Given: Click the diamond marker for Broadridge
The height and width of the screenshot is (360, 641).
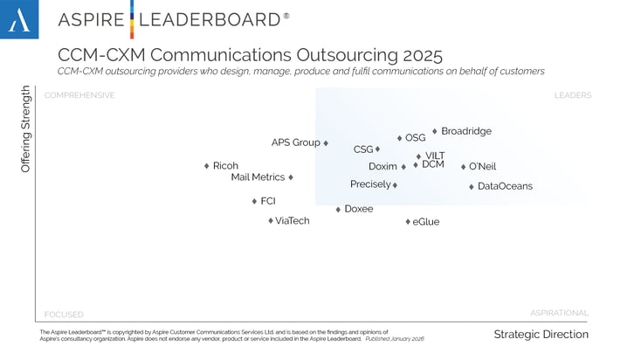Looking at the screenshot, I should (x=435, y=131).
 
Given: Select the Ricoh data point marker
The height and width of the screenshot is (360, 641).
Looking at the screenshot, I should (x=207, y=166).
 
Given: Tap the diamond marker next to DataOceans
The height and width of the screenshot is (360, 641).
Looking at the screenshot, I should (x=472, y=186).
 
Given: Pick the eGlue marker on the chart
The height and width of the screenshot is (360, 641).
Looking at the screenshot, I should (x=408, y=222).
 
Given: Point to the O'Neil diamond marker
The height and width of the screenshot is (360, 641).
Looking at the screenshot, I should (x=464, y=167).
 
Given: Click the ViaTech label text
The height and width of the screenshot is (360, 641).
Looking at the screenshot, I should (x=293, y=221).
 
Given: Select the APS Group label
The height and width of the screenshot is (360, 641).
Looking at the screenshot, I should (x=295, y=142).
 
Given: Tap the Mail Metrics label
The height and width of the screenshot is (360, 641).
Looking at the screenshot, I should (x=258, y=177).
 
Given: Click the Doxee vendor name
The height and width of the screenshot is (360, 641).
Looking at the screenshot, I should (x=359, y=209).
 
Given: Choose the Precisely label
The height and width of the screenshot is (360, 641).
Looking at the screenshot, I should (x=370, y=184).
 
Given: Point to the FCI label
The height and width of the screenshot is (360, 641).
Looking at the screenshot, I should (x=268, y=201).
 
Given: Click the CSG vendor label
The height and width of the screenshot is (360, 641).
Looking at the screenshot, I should (x=363, y=149).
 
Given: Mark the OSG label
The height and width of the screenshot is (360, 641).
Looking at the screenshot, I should (x=416, y=137).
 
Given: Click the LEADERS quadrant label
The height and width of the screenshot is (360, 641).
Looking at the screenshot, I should (x=572, y=95).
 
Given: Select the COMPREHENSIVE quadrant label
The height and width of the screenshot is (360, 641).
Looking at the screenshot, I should (x=79, y=95).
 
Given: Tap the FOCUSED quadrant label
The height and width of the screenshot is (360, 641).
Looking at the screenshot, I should (x=64, y=314).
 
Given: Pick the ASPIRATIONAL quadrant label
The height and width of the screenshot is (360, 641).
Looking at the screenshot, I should (x=559, y=312).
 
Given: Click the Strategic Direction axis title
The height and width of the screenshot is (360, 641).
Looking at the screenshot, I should (x=541, y=335).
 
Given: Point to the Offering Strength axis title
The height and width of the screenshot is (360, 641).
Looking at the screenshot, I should (x=26, y=128).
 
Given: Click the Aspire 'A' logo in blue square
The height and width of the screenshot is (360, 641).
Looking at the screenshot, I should (x=19, y=19).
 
